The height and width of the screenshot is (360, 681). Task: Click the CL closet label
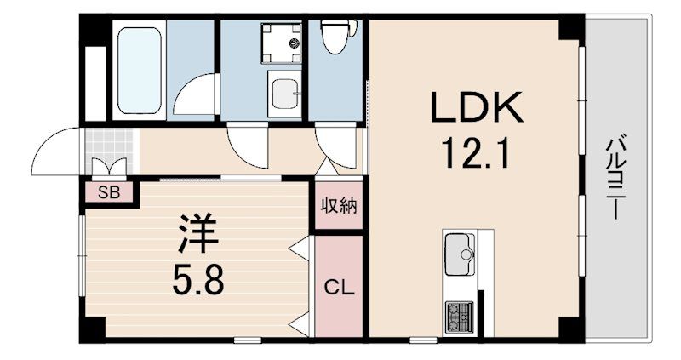[x=340, y=288]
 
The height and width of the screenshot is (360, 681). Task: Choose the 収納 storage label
[x=339, y=206]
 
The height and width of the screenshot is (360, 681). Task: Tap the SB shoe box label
[x=108, y=191]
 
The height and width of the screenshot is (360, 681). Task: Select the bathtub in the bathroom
[x=140, y=70]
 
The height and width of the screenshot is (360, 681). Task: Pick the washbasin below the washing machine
[x=284, y=92]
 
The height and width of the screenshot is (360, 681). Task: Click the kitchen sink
[x=461, y=254]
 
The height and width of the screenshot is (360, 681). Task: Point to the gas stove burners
[x=459, y=317]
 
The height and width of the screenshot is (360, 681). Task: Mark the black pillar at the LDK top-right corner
[x=569, y=28]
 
